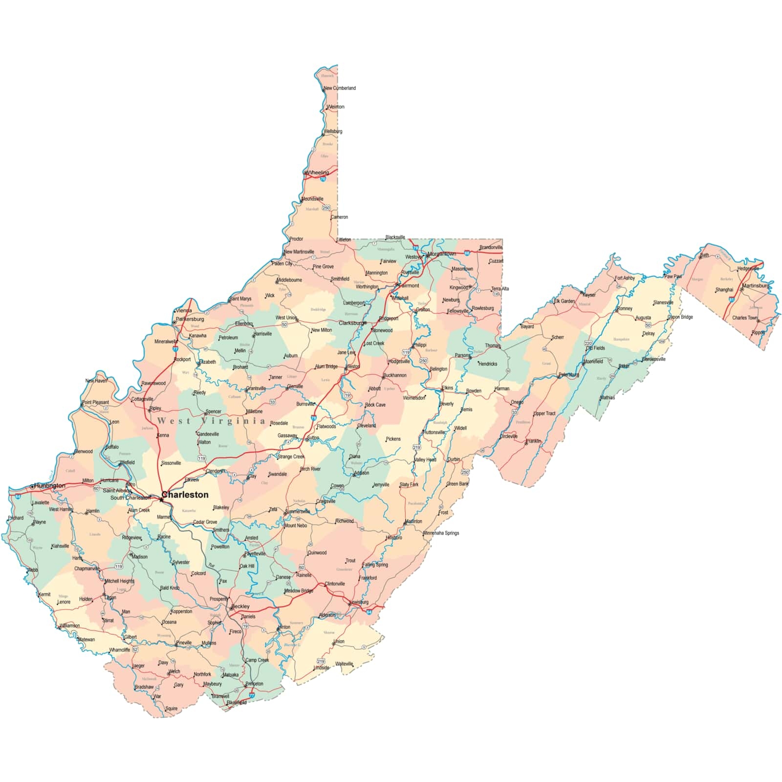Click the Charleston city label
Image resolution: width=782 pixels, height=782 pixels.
185,495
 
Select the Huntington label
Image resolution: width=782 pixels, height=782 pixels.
49,486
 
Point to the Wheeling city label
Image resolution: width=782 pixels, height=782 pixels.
318,173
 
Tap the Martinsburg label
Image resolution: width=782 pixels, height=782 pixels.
755,285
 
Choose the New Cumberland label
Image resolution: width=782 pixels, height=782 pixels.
340,88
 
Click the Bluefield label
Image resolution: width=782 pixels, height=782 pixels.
237,702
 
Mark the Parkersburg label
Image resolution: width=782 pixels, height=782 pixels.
190,319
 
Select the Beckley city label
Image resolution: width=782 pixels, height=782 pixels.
240,607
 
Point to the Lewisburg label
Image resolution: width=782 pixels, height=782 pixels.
359,602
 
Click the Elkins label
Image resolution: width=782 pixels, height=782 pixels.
447,388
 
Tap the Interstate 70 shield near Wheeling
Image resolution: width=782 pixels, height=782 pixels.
323,179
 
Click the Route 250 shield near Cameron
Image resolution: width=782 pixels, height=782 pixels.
326,208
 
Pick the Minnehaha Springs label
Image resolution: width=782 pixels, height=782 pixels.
441,533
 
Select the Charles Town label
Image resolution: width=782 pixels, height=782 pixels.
744,318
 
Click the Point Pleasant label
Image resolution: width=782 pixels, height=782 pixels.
95,402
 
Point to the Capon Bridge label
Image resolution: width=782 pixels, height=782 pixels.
680,317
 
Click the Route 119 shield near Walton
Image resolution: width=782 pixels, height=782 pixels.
201,458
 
